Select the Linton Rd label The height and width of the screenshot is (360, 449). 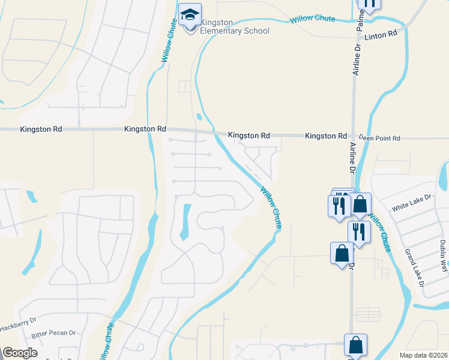(x=385, y=34)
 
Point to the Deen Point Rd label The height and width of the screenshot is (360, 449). (x=380, y=138)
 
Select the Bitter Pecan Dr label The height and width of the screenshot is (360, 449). (x=53, y=332)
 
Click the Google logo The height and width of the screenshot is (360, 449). (x=20, y=353)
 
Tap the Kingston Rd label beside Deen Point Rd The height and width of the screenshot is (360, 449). (x=326, y=136)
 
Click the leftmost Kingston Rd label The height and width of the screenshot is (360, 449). (x=40, y=129)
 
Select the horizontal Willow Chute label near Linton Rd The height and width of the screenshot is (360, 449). (x=312, y=19)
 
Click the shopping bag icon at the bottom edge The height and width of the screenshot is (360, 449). (x=355, y=346)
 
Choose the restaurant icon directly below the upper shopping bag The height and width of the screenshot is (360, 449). (x=358, y=232)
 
